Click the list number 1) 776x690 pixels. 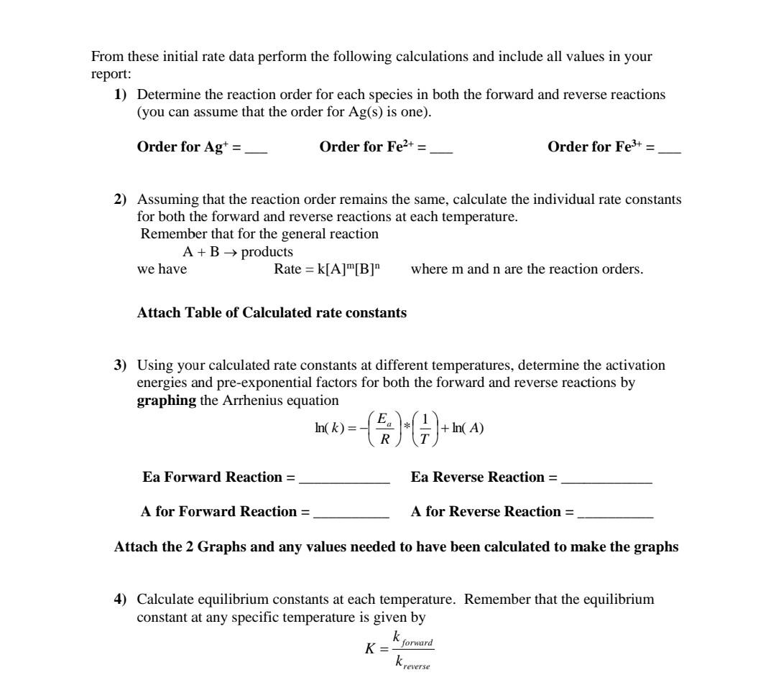click(121, 95)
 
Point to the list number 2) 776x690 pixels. click(121, 199)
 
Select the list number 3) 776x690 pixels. click(121, 365)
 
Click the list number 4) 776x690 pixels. click(121, 599)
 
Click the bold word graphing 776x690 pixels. click(167, 400)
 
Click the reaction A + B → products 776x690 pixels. click(238, 252)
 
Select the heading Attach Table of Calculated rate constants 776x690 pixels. click(272, 313)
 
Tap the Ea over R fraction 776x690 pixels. click(385, 429)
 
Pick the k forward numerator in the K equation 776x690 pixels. click(412, 638)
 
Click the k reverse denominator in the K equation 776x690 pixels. click(412, 663)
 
